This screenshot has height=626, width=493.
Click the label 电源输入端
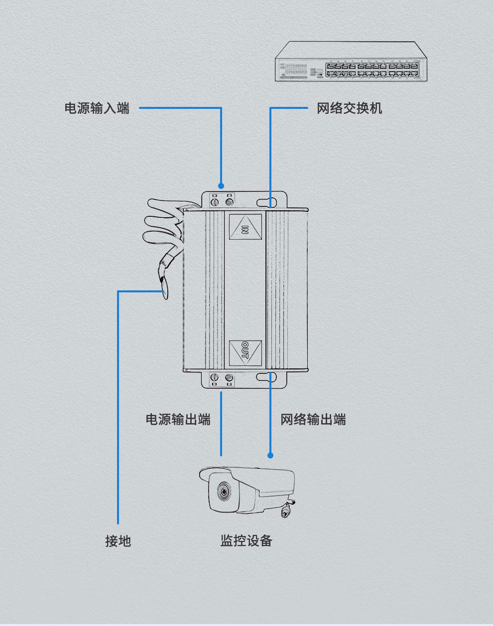pyautogui.click(x=97, y=108)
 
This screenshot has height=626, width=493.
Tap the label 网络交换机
pyautogui.click(x=349, y=108)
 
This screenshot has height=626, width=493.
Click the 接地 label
pyautogui.click(x=118, y=540)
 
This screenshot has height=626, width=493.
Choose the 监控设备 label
pyautogui.click(x=246, y=540)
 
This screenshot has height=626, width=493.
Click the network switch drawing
pyautogui.click(x=352, y=62)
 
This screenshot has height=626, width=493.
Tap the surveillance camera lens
pyautogui.click(x=222, y=493)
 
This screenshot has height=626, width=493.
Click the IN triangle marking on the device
pyautogui.click(x=245, y=229)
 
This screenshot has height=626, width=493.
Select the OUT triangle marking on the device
pyautogui.click(x=245, y=351)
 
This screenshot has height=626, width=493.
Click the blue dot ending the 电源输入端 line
pyautogui.click(x=221, y=186)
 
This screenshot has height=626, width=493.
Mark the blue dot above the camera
pyautogui.click(x=270, y=455)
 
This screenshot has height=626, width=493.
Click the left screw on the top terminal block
pyautogui.click(x=215, y=202)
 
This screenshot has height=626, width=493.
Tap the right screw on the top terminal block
pyautogui.click(x=230, y=202)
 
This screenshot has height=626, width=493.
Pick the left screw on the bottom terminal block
pyautogui.click(x=215, y=377)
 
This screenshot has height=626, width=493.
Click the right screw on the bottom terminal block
pyautogui.click(x=230, y=377)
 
